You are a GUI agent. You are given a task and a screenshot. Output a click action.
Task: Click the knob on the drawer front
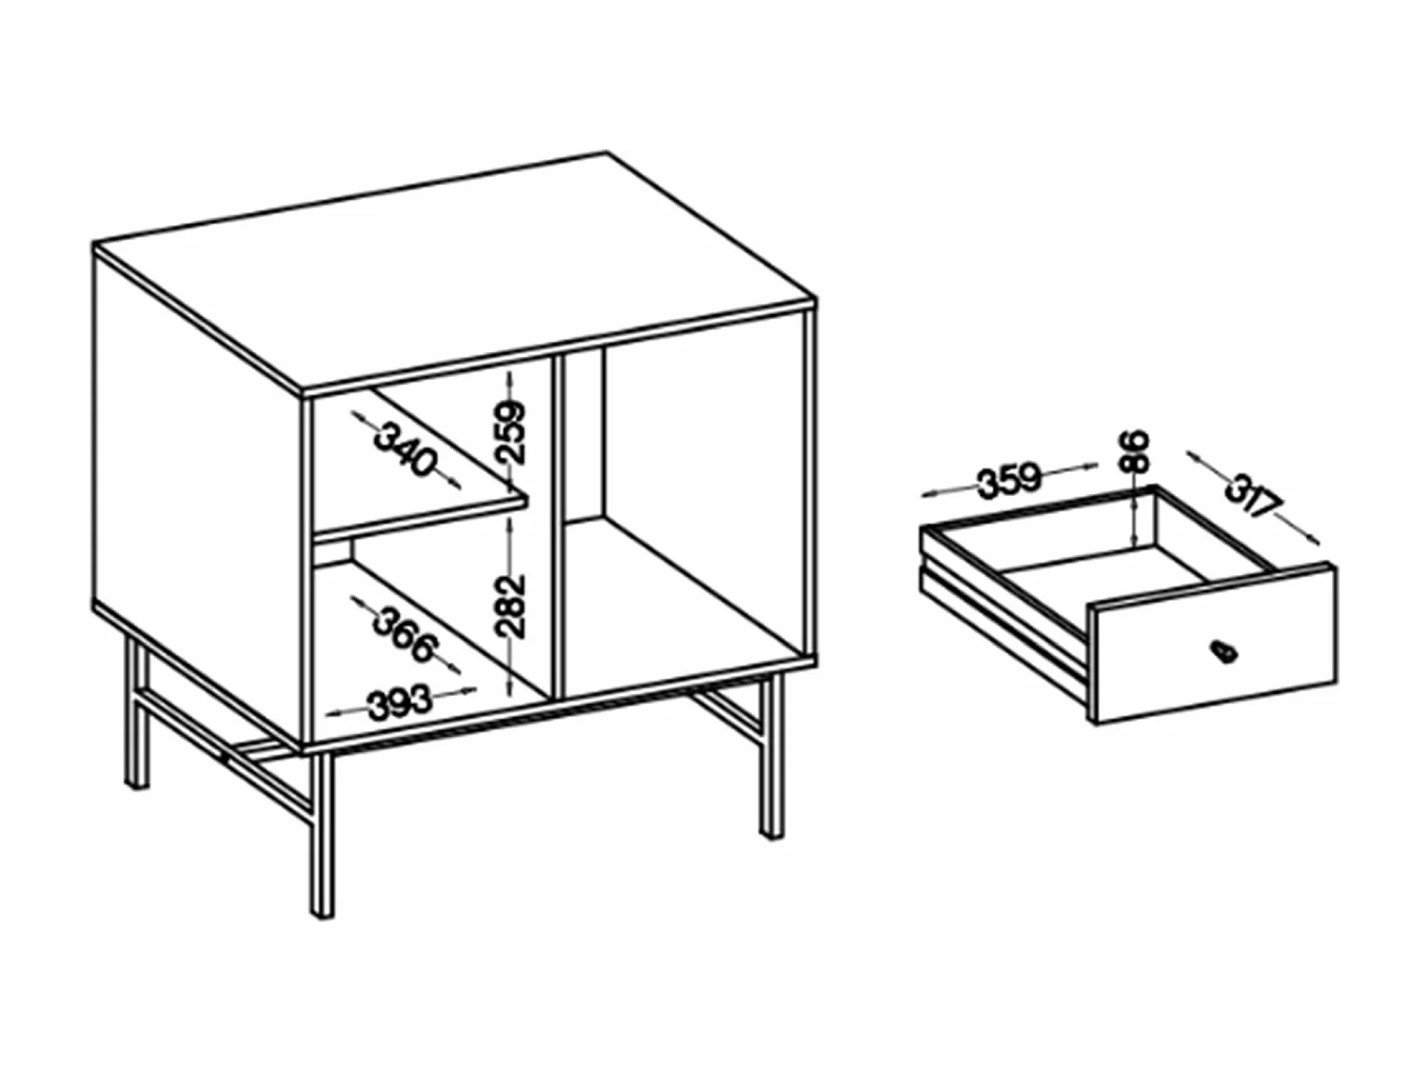[1221, 651]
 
